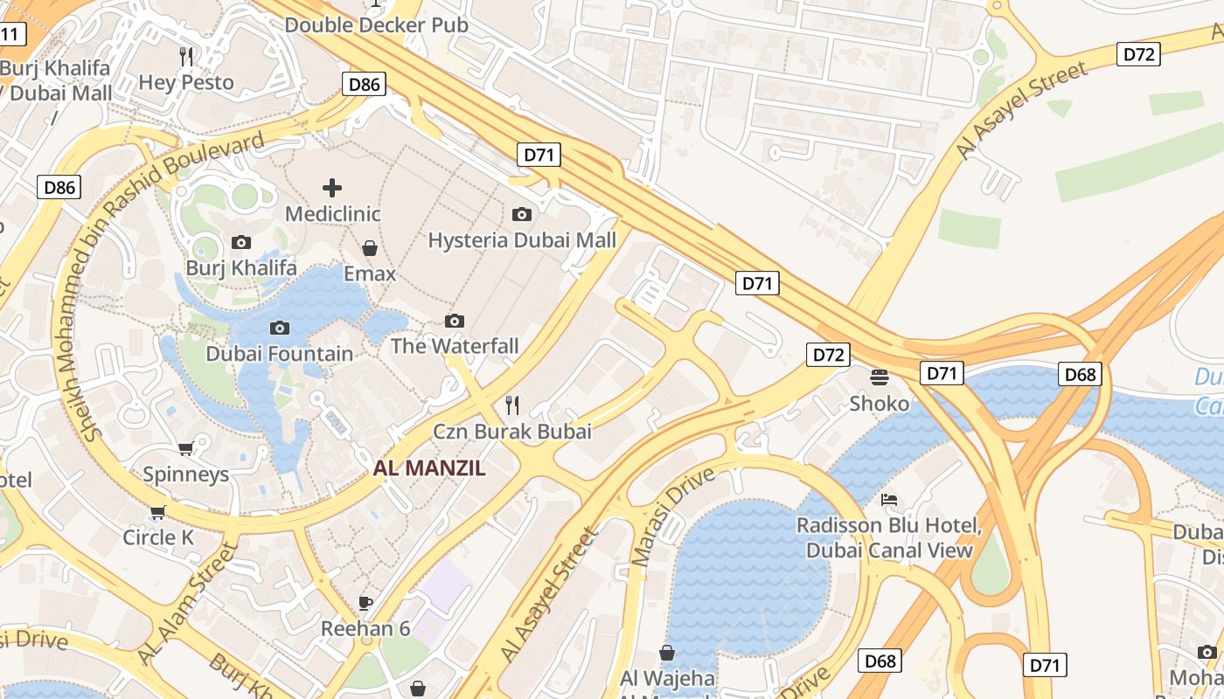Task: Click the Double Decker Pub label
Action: (x=376, y=24)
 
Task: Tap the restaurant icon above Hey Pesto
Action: (x=186, y=57)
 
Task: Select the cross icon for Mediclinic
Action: (x=332, y=188)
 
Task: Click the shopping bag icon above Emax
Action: (x=370, y=248)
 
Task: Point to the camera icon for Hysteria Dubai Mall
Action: (x=522, y=214)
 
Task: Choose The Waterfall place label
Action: (x=455, y=346)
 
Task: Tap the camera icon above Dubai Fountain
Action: (x=280, y=328)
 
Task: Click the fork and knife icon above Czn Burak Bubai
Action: (x=512, y=405)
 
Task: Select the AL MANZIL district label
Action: (x=429, y=468)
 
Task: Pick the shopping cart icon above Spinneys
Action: (x=185, y=449)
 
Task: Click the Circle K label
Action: (x=158, y=537)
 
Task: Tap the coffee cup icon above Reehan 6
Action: (x=365, y=603)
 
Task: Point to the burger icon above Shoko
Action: (x=880, y=377)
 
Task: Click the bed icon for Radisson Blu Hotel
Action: (x=889, y=500)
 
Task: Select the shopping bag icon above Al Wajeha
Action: (x=667, y=653)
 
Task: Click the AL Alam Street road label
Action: (x=189, y=603)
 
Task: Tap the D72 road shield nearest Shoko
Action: (x=828, y=355)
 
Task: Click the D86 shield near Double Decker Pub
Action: (x=363, y=84)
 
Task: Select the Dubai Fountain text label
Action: (x=280, y=354)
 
